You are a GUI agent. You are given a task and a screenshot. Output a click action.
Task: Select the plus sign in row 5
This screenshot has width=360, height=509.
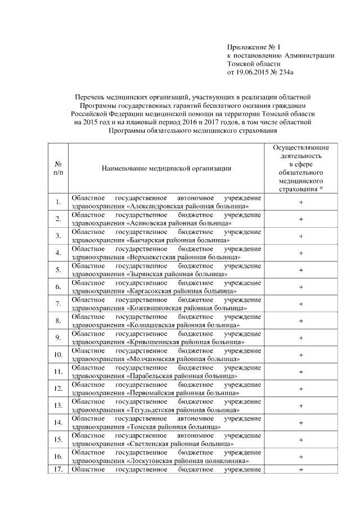point(301,270)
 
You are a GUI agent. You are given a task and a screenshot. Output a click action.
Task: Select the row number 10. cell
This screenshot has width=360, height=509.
point(58,355)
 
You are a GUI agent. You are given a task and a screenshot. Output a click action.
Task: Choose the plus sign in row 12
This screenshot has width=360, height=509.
point(301,389)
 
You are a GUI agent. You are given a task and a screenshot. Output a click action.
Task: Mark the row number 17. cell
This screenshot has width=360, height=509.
point(58,470)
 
